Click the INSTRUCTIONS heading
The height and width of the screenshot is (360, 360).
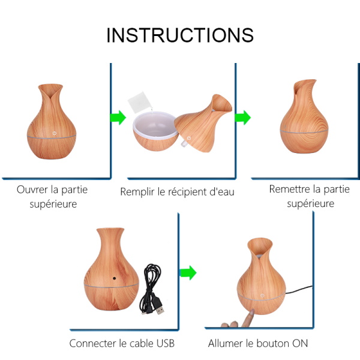point(180,35)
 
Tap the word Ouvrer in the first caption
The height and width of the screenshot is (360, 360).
point(32,190)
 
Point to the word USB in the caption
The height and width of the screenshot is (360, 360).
point(166,343)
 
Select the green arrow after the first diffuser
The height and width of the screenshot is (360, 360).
point(118,118)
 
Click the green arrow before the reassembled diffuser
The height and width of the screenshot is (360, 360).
point(242,118)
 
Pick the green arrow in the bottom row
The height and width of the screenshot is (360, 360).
point(188,273)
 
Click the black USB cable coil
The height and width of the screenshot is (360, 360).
point(151,287)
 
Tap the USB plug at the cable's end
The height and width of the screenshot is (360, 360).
point(160,309)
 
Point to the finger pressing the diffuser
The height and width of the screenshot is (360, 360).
point(248,317)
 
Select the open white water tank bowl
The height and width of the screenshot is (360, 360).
point(155,131)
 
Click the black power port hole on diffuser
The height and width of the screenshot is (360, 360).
point(114,278)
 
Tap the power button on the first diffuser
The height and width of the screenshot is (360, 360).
point(54,133)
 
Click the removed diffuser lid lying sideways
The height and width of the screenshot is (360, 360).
point(203,123)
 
